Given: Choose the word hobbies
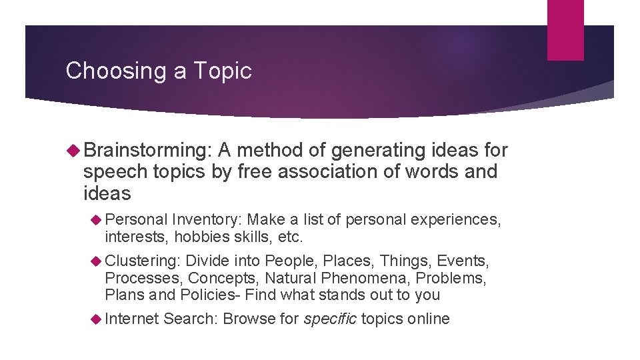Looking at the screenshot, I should [191, 237].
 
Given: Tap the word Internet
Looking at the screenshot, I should [131, 319].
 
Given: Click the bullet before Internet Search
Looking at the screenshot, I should [96, 319].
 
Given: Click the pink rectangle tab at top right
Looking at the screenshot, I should [565, 29].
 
